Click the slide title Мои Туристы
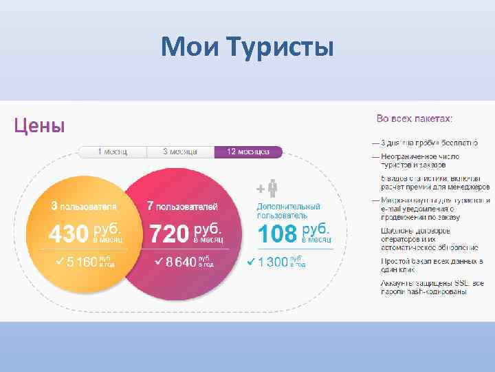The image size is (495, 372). pyautogui.click(x=247, y=48)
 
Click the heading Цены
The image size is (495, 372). pyautogui.click(x=40, y=125)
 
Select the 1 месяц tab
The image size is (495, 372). pyautogui.click(x=112, y=152)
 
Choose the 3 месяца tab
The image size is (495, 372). pyautogui.click(x=180, y=152)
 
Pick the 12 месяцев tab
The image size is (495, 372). pyautogui.click(x=247, y=152)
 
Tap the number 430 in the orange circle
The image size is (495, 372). pyautogui.click(x=67, y=234)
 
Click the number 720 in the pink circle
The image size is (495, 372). pyautogui.click(x=169, y=234)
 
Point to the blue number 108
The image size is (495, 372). pyautogui.click(x=278, y=234)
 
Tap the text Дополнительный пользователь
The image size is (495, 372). pyautogui.click(x=288, y=210)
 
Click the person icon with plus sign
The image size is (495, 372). pyautogui.click(x=269, y=188)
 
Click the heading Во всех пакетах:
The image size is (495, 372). pyautogui.click(x=414, y=119)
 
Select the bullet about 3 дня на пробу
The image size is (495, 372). pyautogui.click(x=429, y=143)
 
